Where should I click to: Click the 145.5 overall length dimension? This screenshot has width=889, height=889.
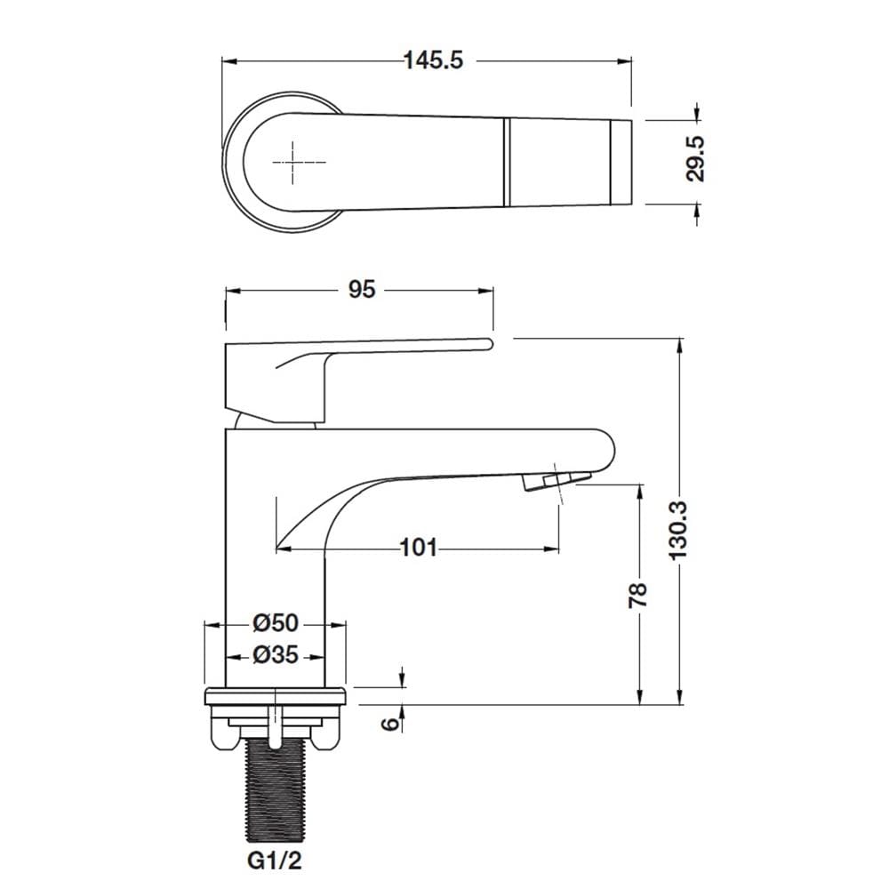[433, 60]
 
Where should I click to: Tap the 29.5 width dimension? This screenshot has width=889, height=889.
[695, 159]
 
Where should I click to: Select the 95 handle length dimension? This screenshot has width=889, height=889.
[362, 290]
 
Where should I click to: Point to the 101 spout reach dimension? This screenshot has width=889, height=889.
[419, 548]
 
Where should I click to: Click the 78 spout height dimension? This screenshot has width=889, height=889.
[639, 595]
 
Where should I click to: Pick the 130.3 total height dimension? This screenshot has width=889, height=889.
[678, 531]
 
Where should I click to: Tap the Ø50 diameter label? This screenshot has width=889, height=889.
[275, 623]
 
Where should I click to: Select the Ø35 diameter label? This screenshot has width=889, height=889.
[275, 655]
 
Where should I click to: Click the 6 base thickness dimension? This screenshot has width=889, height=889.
[390, 724]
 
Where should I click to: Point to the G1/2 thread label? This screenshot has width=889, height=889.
[275, 861]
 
